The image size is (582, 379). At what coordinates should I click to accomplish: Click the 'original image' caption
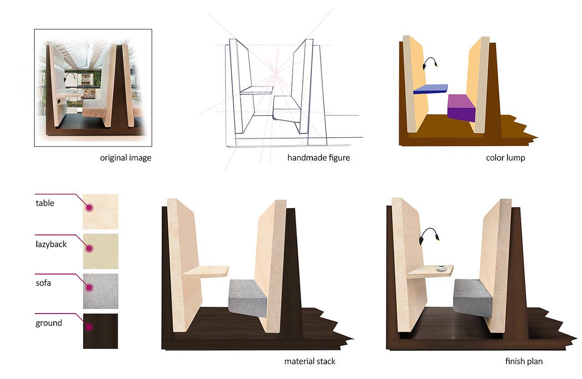pos(125,158)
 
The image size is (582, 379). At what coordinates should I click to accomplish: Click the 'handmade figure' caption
pos(319,158)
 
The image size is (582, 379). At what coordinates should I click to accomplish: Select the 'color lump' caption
pos(505,158)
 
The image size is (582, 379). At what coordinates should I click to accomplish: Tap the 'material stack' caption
pos(310,361)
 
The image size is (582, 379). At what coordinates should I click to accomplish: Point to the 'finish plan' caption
pos(524,361)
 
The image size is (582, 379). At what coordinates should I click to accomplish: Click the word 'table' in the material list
pos(45,203)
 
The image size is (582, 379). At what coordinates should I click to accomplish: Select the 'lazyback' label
pos(51,244)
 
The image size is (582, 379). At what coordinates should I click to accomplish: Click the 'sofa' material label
pos(43,283)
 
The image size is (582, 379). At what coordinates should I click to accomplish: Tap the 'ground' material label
pos(49,323)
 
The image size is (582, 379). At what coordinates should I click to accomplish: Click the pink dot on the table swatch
pos(90,208)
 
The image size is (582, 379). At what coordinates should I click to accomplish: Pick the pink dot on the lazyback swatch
pos(90,249)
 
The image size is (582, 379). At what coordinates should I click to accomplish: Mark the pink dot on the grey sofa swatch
pos(90,288)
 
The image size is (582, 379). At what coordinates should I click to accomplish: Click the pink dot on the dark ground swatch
pos(90,327)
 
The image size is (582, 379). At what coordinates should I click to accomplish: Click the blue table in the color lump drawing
pos(430,89)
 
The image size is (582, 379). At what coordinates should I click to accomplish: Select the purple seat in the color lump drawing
pos(462,107)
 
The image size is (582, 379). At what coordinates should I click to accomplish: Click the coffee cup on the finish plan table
pos(442,268)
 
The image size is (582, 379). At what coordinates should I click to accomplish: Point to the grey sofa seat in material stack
pos(248,298)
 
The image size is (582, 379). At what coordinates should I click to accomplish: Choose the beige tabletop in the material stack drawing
pos(205,272)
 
